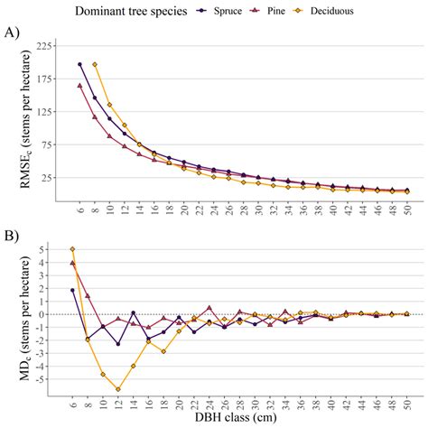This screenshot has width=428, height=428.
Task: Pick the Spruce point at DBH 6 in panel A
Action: tap(79, 64)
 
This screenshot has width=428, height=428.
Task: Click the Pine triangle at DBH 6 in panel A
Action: tap(79, 86)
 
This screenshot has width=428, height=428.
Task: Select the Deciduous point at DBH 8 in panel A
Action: tap(95, 64)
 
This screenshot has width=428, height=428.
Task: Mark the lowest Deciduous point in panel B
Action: tap(118, 389)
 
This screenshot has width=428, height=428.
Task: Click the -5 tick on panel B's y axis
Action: tap(55, 379)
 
